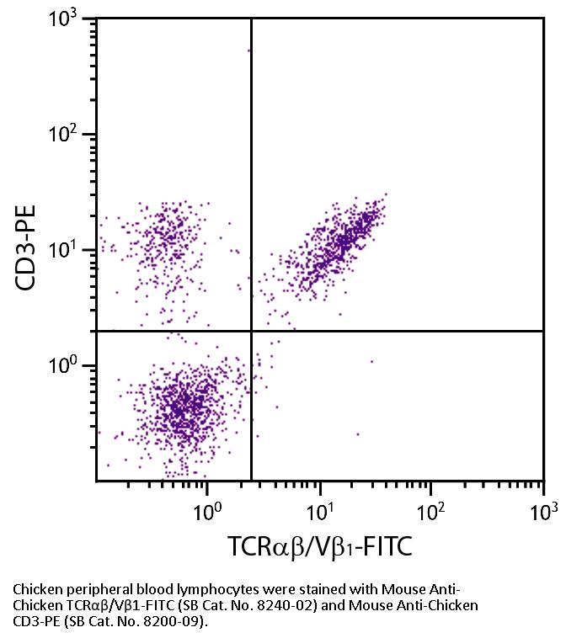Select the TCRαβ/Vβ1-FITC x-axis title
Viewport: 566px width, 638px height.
point(320,548)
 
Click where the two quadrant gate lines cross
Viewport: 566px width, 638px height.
point(251,331)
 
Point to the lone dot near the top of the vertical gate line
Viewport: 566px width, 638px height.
point(248,51)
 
